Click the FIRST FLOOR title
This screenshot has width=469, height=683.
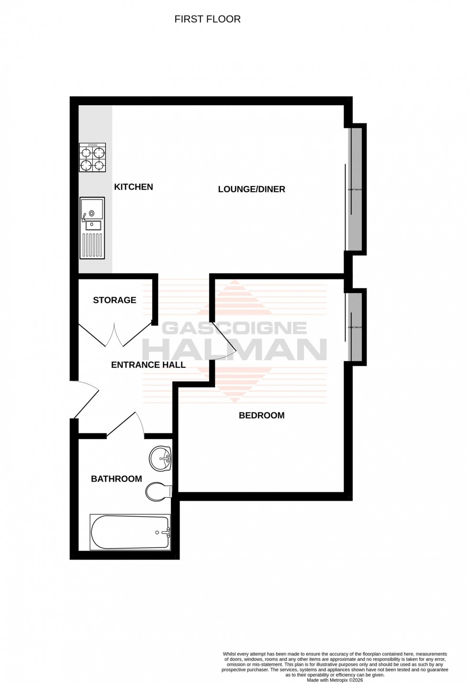click(x=207, y=19)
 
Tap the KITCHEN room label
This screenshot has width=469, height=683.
click(x=134, y=187)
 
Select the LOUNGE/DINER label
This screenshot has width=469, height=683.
click(x=251, y=189)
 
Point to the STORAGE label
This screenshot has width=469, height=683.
click(x=114, y=300)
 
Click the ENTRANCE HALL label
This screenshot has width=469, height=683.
click(x=148, y=365)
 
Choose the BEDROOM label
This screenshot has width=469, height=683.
click(x=261, y=416)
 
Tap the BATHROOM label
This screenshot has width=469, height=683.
click(x=116, y=479)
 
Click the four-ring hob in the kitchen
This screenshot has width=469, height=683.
click(x=92, y=158)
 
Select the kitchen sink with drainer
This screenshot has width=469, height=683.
click(x=92, y=228)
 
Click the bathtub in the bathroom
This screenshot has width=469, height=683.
click(x=130, y=532)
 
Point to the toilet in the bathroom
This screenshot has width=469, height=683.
click(x=158, y=491)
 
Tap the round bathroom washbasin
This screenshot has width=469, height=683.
click(x=161, y=459)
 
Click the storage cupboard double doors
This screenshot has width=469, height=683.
click(x=115, y=334)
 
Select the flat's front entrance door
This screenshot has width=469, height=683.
click(x=84, y=399)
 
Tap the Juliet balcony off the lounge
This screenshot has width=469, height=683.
click(x=355, y=189)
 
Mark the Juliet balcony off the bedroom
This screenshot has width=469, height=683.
click(x=355, y=327)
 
